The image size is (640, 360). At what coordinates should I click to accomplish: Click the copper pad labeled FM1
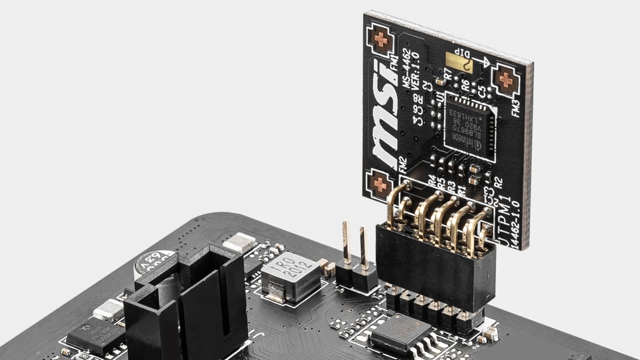(x=380, y=39)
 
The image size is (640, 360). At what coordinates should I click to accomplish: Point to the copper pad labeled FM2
(x=379, y=184)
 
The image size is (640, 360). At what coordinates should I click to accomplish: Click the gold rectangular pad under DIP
(x=459, y=61)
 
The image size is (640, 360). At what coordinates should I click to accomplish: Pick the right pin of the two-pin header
(x=363, y=249)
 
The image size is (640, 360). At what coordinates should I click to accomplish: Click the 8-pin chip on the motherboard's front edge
(x=400, y=332)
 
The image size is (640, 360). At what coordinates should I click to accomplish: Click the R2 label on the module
(x=497, y=183)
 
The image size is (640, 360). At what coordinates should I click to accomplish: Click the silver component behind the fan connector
(x=239, y=243)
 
